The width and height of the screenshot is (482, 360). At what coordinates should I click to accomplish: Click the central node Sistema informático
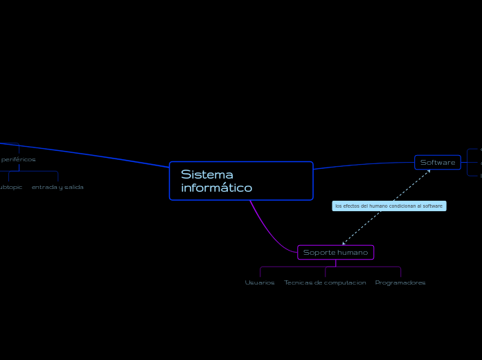click(x=241, y=181)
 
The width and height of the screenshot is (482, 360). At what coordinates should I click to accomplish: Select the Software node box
click(x=438, y=162)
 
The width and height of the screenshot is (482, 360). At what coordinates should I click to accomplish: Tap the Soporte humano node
click(x=335, y=253)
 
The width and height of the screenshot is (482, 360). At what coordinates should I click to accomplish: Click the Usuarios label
click(x=260, y=282)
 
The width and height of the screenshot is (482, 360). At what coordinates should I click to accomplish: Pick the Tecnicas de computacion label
click(x=325, y=282)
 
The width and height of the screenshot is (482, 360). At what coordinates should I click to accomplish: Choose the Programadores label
click(x=400, y=282)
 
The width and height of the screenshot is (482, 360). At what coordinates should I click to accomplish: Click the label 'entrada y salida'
click(x=57, y=187)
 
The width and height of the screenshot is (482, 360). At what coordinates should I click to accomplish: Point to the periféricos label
click(x=18, y=159)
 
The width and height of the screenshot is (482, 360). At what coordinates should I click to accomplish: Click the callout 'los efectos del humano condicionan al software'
click(x=389, y=206)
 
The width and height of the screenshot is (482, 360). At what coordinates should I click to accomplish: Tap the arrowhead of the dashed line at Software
click(x=429, y=171)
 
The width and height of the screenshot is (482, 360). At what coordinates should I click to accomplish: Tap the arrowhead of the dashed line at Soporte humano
click(x=343, y=244)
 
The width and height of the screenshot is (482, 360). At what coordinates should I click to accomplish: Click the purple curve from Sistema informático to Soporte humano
click(x=267, y=228)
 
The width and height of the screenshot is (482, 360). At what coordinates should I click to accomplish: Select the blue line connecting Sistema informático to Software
click(x=364, y=164)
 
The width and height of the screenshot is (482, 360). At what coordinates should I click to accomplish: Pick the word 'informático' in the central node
click(x=216, y=188)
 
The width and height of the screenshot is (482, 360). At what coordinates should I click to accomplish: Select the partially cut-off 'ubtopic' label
click(x=10, y=187)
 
